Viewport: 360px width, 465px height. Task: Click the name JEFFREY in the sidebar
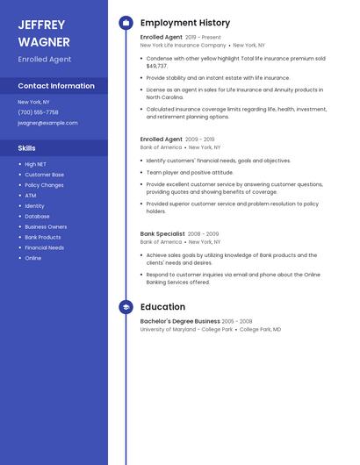coord(42,25)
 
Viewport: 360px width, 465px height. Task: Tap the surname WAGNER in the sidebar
coord(42,40)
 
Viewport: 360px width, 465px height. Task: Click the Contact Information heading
coord(56,86)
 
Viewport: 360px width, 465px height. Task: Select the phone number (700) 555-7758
coord(38,112)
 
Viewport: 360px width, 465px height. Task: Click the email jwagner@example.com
coord(47,123)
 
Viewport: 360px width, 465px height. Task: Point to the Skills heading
coord(27,148)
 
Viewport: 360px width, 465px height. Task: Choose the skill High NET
coord(36,164)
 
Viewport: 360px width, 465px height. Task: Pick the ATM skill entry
coord(30,196)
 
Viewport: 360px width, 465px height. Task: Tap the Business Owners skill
coord(46,227)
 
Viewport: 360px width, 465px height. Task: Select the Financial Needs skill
coord(44,248)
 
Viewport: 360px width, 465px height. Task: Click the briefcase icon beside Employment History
coord(126,23)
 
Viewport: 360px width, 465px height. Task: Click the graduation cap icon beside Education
coord(126,307)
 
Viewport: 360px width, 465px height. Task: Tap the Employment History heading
coord(185,23)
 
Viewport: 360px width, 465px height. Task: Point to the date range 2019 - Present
coord(204,38)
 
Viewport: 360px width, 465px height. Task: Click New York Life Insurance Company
coord(183,45)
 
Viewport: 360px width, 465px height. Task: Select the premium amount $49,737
coord(156,67)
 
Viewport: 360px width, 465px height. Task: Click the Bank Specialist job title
coord(162,234)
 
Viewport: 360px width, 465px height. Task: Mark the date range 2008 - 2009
coord(203,234)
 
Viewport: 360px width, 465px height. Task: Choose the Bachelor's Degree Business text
coord(180,321)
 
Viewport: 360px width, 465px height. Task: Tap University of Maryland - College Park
coord(186,329)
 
